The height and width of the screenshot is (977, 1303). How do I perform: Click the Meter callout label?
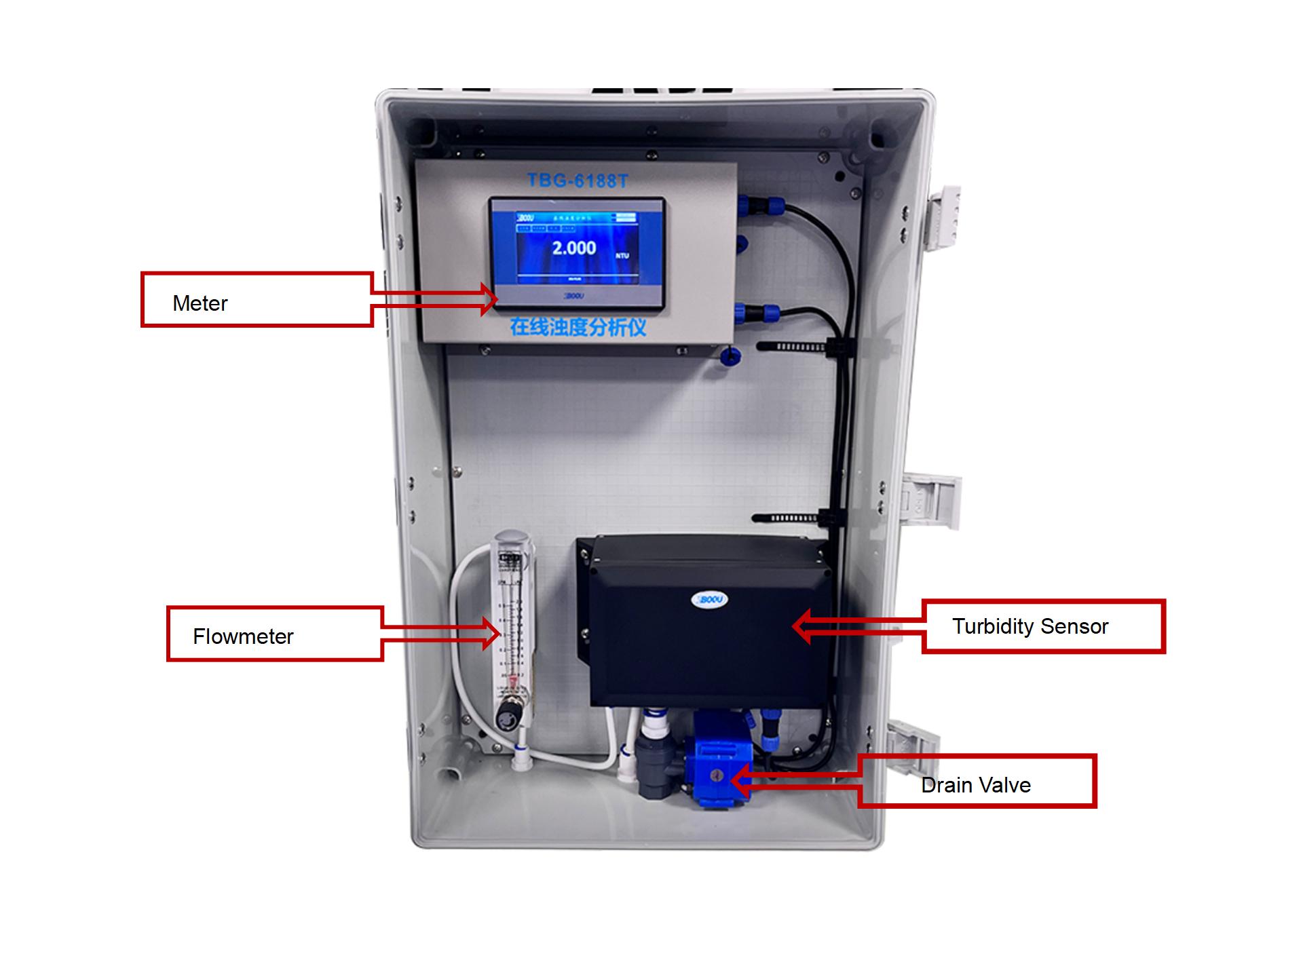[x=200, y=303]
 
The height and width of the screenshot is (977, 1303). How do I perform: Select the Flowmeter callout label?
[x=243, y=636]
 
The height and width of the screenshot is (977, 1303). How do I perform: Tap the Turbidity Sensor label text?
[x=1030, y=626]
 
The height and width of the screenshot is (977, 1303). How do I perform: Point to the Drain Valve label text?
[x=975, y=785]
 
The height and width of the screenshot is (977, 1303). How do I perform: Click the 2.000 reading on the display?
[x=573, y=248]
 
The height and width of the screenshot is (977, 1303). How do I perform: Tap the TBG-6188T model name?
[x=578, y=180]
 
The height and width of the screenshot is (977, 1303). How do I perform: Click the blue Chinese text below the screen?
[x=578, y=327]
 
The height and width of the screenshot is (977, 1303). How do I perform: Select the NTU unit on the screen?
[x=622, y=256]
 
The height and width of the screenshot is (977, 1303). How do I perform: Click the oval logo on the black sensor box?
[x=709, y=599]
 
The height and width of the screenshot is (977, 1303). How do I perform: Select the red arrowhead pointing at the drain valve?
[x=740, y=780]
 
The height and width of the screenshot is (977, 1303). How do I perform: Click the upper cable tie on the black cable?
[x=794, y=347]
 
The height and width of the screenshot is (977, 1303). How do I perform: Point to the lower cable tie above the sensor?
[x=791, y=518]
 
